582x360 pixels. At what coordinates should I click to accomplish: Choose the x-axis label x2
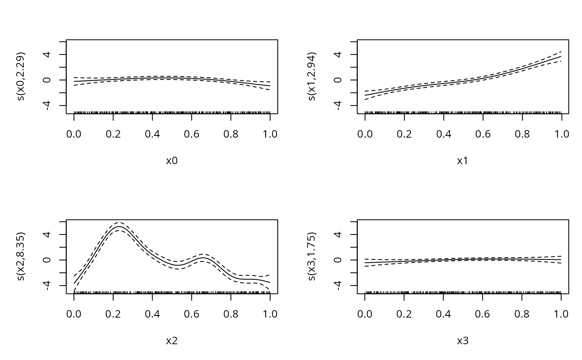click(172, 341)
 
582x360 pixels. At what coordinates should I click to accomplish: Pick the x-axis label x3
click(463, 341)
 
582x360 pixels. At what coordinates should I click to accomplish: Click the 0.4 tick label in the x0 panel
click(153, 134)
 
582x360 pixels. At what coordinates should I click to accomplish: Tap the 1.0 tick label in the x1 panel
click(561, 134)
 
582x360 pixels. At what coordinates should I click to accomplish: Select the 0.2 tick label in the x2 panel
click(113, 314)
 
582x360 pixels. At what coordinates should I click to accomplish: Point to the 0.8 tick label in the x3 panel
click(522, 314)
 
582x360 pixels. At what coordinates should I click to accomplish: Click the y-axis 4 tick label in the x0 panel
click(47, 54)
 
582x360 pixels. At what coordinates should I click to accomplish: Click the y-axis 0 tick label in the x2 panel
click(47, 260)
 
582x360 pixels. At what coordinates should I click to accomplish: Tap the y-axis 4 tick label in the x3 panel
click(338, 234)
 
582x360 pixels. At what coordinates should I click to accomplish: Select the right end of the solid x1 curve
click(561, 57)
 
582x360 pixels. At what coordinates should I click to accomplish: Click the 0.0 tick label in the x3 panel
click(365, 314)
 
